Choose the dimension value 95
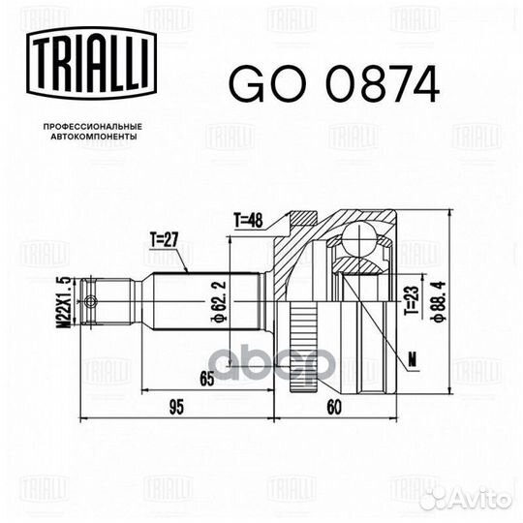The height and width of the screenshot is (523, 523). tap(174, 406)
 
